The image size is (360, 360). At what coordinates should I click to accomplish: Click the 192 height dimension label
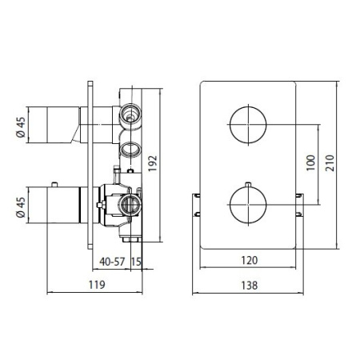153,163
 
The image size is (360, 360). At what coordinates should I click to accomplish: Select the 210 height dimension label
330,163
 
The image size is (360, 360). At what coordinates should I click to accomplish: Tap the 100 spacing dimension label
310,163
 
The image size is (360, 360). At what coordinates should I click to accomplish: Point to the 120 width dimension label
250,260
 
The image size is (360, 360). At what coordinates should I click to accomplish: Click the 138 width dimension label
250,286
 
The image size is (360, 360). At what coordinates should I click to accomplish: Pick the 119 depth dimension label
97,285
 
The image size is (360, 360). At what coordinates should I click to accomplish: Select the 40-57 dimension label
112,262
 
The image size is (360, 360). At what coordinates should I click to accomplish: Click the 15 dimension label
136,262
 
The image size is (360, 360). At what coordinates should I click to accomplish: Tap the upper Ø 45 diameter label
21,127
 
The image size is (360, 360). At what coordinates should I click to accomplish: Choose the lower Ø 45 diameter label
21,207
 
